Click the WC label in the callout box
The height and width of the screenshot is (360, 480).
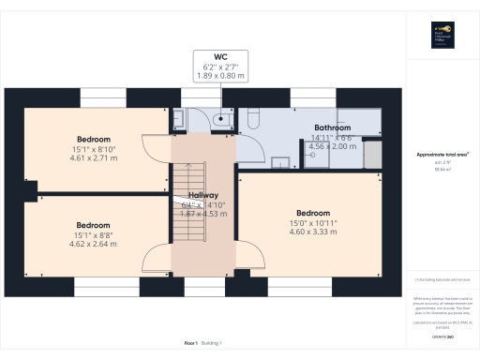220,56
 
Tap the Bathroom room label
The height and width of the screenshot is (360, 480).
332,127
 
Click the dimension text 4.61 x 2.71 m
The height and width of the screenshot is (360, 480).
94,158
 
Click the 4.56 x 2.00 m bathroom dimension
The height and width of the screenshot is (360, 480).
332,146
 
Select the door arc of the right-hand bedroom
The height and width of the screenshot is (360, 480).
247,253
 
